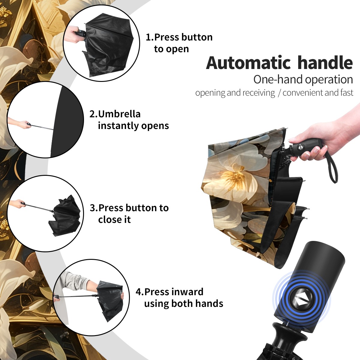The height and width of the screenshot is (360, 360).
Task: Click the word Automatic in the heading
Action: coord(248,63)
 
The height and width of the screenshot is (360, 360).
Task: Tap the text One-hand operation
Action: coord(303,79)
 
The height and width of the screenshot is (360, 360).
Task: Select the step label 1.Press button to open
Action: coord(179,43)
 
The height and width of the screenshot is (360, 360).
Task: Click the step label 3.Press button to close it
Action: coord(129,214)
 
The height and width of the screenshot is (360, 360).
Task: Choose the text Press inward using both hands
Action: coord(184,298)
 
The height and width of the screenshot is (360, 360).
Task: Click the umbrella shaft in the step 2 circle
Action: coord(42,127)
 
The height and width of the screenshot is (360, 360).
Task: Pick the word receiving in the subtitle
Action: coord(260,93)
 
